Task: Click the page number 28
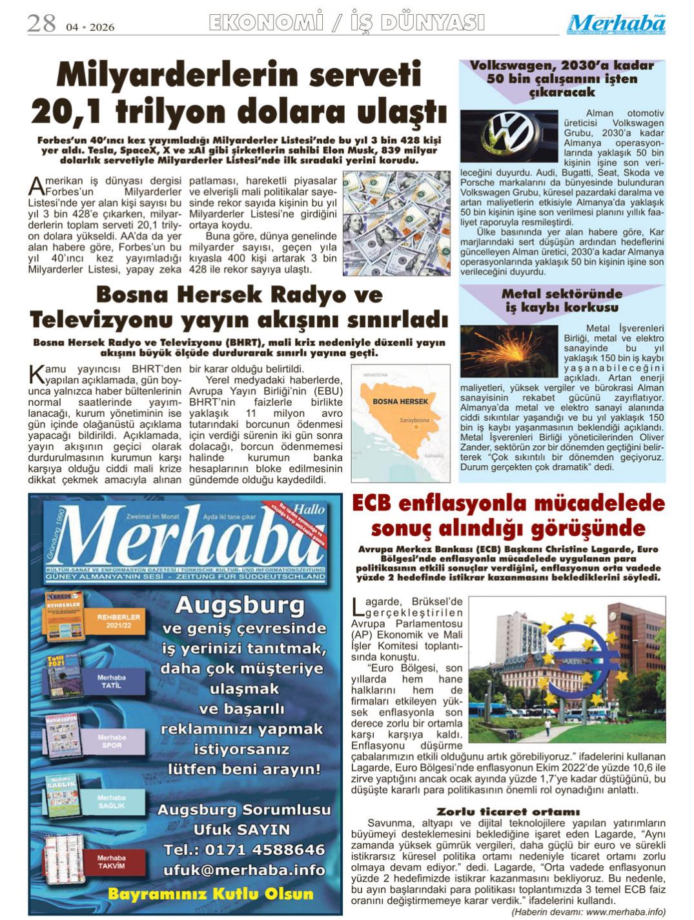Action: [x=41, y=24]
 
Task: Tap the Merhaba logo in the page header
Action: [x=617, y=25]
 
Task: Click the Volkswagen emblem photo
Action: [x=501, y=135]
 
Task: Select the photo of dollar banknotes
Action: [x=396, y=223]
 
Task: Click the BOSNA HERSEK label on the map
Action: [x=400, y=401]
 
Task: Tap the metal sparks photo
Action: [x=509, y=352]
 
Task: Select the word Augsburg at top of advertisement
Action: [x=240, y=605]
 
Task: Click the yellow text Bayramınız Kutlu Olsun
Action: [x=210, y=894]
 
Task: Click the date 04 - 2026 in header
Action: [x=90, y=27]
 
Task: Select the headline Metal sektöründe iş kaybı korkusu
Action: [x=562, y=301]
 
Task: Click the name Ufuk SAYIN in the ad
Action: [x=241, y=829]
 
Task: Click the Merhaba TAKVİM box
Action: [x=111, y=861]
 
